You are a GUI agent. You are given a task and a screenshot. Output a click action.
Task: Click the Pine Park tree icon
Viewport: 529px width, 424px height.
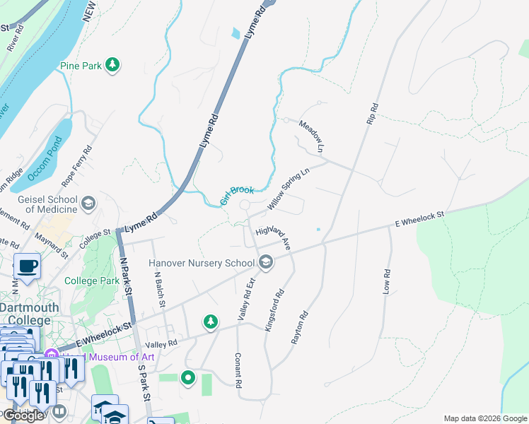coord(112,65)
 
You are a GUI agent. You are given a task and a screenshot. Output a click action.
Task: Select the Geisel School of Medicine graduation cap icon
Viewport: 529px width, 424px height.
coord(88,204)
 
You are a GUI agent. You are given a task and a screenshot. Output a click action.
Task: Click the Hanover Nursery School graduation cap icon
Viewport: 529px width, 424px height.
coord(266,263)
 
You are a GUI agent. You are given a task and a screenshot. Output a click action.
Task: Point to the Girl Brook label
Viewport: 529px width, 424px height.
coord(236,195)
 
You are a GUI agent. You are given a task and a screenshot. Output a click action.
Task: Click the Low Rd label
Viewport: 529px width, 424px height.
coord(387,282)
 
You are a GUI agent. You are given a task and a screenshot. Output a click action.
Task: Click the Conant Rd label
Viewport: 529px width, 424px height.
coord(238,370)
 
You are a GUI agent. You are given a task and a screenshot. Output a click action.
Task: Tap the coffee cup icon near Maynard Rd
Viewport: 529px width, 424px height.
coord(27,266)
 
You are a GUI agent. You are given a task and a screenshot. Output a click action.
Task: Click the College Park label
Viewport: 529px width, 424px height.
coord(92,281)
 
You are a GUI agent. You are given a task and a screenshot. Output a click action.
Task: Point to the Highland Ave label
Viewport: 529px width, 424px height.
coord(274,235)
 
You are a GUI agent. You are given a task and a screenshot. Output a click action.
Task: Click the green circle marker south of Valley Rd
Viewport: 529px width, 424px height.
coord(188,377)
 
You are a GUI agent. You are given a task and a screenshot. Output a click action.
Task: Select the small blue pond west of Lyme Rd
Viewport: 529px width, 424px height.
coord(235,33)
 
